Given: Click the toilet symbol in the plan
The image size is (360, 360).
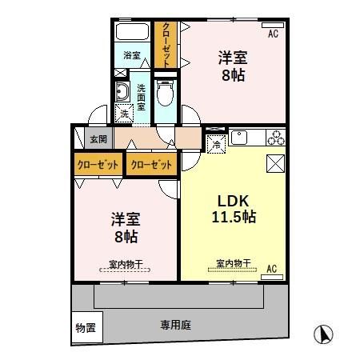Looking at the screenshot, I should pos(166,95).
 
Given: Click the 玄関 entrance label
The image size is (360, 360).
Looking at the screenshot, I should pos(97,138).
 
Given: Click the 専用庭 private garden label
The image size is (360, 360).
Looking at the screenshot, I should pos(175,326).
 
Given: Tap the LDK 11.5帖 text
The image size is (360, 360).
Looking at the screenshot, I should pos(233,209).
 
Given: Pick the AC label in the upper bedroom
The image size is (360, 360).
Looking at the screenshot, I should pos(273,34).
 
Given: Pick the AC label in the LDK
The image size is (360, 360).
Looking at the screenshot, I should pos(271,268).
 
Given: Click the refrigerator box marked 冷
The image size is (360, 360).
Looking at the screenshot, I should pos(216,144).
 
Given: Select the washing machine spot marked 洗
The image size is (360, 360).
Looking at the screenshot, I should pos(124,113).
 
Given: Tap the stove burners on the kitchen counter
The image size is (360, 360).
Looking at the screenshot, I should pos(276,138).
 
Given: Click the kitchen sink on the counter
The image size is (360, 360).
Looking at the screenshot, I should pos(243,138).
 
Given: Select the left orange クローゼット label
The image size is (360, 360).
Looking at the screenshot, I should pos(98,165).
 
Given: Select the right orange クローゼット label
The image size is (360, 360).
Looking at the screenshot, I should pos(150,165).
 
